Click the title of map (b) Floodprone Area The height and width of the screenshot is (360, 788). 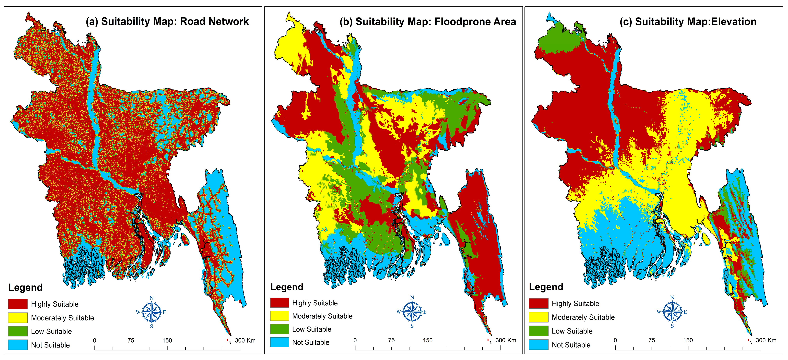tap(428, 22)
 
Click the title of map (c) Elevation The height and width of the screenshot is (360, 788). tap(688, 22)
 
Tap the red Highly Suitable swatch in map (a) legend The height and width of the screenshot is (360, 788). tap(18, 304)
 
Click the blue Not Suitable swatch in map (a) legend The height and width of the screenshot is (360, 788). tap(18, 345)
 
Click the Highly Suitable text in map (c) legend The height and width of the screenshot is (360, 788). tap(575, 303)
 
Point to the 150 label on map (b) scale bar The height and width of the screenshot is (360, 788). tap(428, 340)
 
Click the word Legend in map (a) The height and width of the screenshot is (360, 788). tap(25, 287)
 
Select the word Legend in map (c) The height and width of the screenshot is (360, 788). tap(546, 287)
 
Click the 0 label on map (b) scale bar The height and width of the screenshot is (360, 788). tap(355, 340)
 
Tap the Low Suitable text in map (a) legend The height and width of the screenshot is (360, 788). tap(51, 331)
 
